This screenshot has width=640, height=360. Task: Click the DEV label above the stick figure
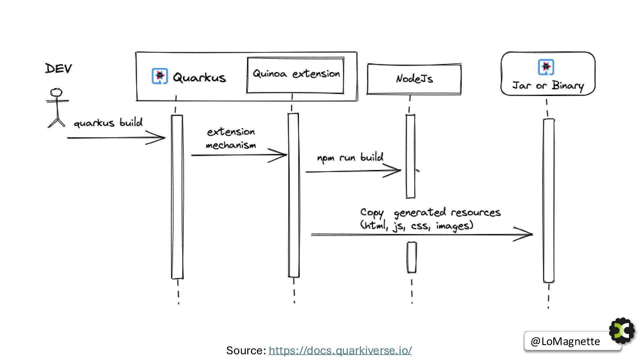[x=58, y=68]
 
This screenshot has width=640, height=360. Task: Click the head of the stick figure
[x=56, y=92]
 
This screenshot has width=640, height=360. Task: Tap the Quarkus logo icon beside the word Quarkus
[x=160, y=76]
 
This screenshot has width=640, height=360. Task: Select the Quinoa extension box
[x=295, y=75]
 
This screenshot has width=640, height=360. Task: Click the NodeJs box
[x=414, y=79]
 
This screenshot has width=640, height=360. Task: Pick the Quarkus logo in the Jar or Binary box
[x=546, y=67]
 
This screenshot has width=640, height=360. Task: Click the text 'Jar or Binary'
[x=548, y=86]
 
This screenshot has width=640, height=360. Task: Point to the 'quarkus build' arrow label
[x=108, y=123]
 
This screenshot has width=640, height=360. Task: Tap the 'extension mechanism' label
[x=231, y=138]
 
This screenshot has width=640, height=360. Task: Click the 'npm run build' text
[x=350, y=157]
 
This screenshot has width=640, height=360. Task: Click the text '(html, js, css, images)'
[x=417, y=226]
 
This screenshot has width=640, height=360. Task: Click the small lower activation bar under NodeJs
[x=412, y=257]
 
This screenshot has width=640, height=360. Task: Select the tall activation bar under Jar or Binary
[x=549, y=200]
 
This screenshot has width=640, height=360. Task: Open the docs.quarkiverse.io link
[x=340, y=350]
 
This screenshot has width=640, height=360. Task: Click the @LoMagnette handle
[x=565, y=341]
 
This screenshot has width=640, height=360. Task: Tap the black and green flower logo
[x=622, y=330]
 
